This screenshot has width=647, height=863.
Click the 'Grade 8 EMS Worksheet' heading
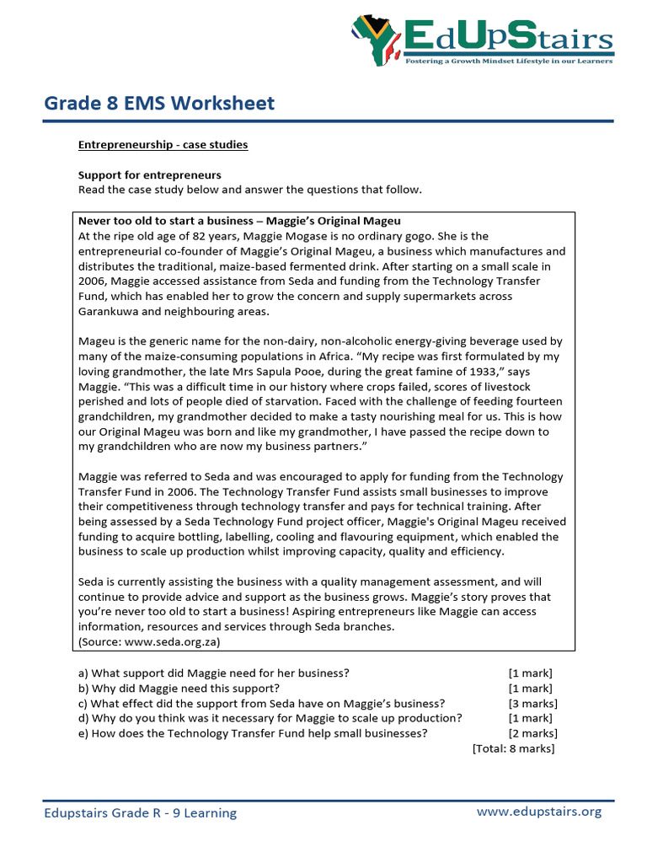159,104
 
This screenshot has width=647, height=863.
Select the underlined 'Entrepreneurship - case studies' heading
163,145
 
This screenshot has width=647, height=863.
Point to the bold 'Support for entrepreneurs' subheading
150,175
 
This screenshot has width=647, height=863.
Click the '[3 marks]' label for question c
532,704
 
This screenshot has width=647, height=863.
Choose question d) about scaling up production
270,718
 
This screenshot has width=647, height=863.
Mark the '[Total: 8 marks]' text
514,748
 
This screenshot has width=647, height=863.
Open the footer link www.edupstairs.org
539,812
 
